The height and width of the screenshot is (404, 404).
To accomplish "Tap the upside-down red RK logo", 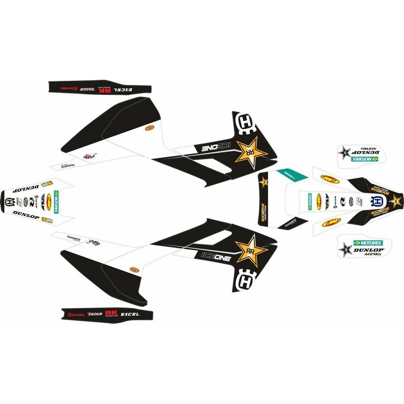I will (x=108, y=90).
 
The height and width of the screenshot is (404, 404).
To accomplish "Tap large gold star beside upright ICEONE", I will (x=249, y=251).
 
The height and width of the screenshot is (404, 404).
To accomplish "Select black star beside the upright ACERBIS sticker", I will (x=346, y=249).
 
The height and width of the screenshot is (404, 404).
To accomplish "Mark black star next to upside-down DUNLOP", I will (x=346, y=152).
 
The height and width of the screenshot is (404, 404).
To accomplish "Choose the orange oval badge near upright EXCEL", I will (x=134, y=269).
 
